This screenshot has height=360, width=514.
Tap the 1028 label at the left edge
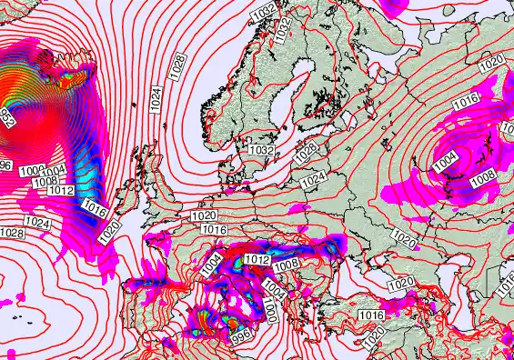coord(11,234)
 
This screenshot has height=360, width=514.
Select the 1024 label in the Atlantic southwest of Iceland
coord(37,223)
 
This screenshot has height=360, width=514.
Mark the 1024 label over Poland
coord(312,181)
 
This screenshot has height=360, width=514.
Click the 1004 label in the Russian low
coord(446,159)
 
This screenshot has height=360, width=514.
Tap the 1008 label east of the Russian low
coord(482,175)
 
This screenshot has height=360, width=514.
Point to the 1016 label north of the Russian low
coord(465,105)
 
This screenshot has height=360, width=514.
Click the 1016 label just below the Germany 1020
coord(215,230)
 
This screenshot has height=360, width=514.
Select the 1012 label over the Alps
coord(257,260)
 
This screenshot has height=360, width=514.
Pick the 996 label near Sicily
coord(241,336)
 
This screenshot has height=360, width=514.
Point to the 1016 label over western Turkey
coord(370,315)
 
